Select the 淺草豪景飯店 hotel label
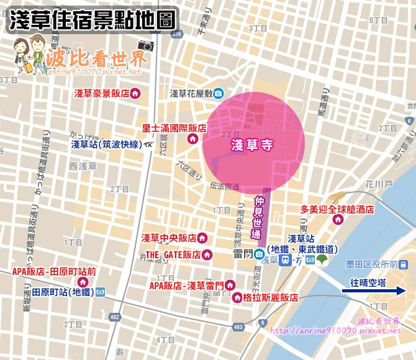pyautogui.click(x=101, y=94)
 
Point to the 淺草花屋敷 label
pyautogui.click(x=191, y=94)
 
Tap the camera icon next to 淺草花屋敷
pyautogui.click(x=219, y=94)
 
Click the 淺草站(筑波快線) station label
pyautogui.click(x=106, y=145)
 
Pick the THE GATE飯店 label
pyautogui.click(x=173, y=254)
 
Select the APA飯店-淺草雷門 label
pyautogui.click(x=187, y=286)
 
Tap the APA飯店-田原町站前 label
pyautogui.click(x=54, y=271)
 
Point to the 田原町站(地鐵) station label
pyautogui.click(x=63, y=292)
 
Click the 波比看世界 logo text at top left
pyautogui.click(x=96, y=59)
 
